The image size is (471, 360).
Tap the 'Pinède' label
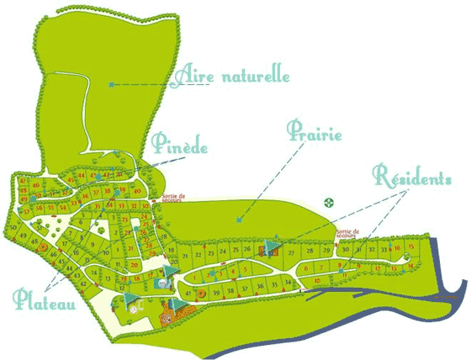click(180, 144)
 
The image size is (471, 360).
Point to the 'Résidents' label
click(413, 178)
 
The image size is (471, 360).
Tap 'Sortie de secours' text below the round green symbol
click(347, 232)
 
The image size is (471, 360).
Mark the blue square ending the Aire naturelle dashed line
click(110, 84)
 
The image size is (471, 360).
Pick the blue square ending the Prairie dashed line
click(239, 220)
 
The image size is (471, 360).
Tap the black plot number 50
click(14, 227)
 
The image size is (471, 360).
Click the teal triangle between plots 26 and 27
click(269, 247)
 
